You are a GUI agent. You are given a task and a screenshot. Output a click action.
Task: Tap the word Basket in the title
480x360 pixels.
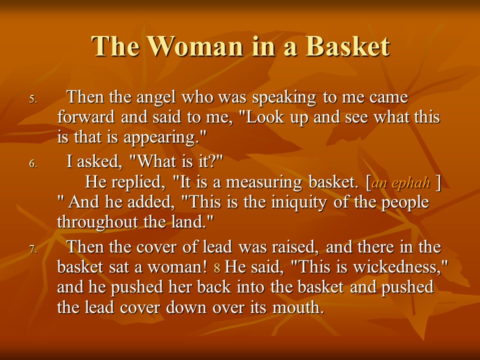(347, 46)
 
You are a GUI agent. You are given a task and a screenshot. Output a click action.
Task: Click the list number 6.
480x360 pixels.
(33, 164)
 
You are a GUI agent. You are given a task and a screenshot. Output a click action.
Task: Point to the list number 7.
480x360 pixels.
(33, 249)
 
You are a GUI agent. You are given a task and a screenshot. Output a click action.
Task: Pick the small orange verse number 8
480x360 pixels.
(217, 268)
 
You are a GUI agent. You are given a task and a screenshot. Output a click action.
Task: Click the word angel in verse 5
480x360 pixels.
(156, 98)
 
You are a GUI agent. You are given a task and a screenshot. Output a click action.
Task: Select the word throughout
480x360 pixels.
(97, 222)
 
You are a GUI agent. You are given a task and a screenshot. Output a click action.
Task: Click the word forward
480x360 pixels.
(86, 117)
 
